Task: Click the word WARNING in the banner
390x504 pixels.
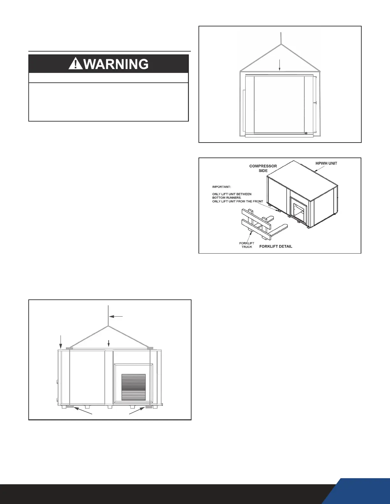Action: pos(116,64)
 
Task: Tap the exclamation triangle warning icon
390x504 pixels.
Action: pos(75,64)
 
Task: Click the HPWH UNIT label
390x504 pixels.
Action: pos(326,163)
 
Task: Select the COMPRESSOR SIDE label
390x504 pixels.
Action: pos(263,168)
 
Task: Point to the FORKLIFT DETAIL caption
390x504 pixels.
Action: pos(276,246)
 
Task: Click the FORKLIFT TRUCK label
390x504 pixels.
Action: pos(247,245)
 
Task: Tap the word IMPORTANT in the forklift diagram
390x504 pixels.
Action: pos(221,187)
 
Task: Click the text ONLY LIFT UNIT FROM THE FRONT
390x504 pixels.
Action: pos(238,201)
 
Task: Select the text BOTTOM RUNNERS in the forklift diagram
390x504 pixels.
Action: pos(227,198)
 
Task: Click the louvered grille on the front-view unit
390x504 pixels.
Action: pos(134,387)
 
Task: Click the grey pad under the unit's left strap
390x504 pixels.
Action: pos(70,407)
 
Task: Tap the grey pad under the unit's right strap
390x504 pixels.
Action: pos(149,407)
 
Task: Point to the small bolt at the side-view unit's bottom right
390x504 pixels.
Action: pos(306,133)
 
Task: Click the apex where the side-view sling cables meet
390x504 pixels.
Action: pos(281,44)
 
